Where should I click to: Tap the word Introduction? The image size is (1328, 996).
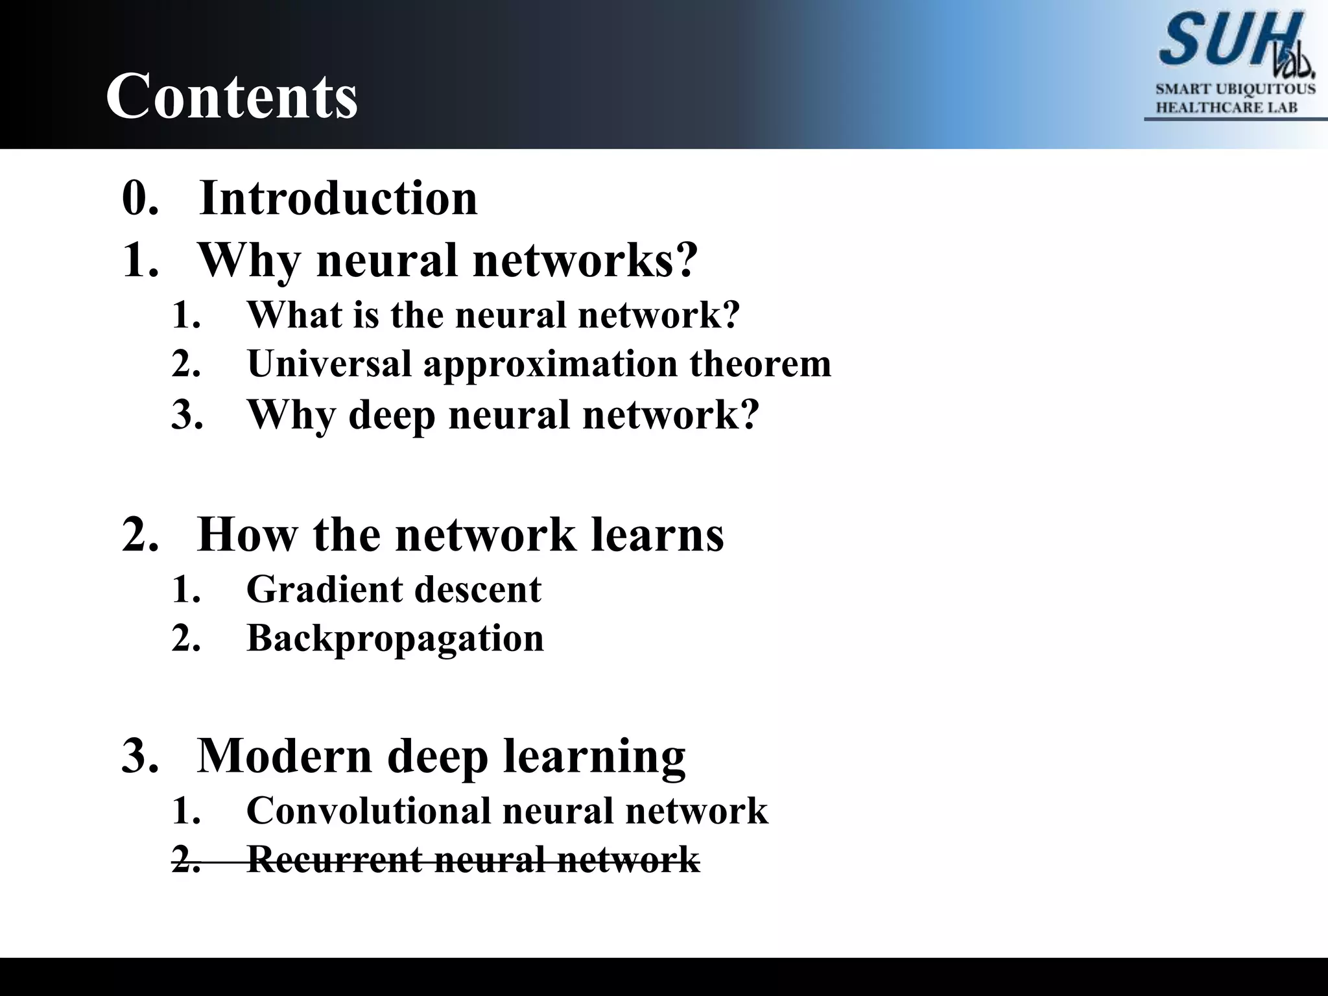point(338,198)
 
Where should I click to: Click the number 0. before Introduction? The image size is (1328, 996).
point(140,198)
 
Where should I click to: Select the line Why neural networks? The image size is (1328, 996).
point(447,261)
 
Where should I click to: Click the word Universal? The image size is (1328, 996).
point(329,364)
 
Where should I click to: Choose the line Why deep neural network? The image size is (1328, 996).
point(503,415)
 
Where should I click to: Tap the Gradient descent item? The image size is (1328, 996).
point(394,589)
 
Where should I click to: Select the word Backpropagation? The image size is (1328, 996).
point(395,639)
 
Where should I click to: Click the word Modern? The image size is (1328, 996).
point(285,756)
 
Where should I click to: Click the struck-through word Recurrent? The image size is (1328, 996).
point(334,860)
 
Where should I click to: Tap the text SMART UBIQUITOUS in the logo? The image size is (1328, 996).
point(1235,89)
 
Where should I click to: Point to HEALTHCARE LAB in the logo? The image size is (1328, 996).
point(1226,108)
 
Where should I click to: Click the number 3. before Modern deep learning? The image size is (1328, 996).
point(140,756)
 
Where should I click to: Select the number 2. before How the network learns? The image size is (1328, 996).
point(140,535)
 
